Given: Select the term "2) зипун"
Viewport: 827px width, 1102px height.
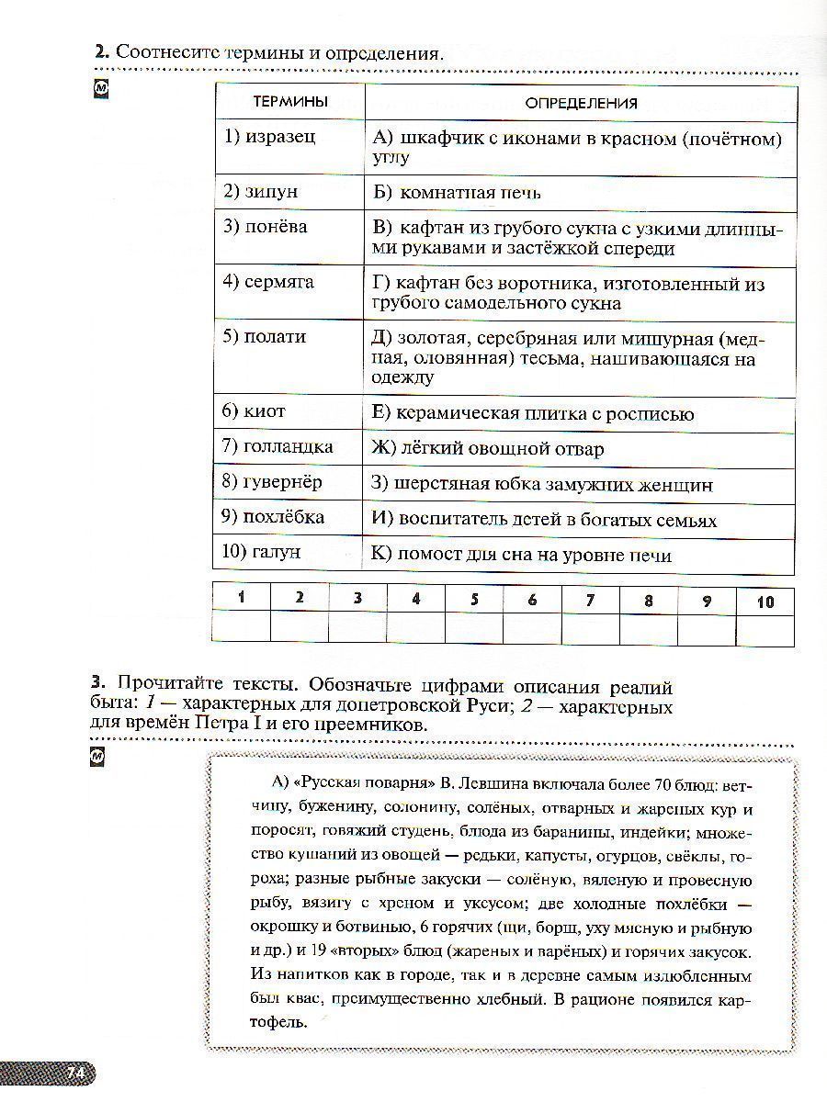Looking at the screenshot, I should click(x=260, y=192).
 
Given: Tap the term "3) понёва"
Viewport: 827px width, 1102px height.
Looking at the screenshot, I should click(x=265, y=226).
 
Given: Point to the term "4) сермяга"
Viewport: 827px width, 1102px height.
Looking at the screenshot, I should click(x=268, y=281).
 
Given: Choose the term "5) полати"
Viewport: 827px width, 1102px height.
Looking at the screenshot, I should click(x=264, y=336).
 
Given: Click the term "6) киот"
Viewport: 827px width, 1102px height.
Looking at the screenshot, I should click(x=254, y=411).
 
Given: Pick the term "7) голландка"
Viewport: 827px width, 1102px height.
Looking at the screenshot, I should click(x=278, y=447).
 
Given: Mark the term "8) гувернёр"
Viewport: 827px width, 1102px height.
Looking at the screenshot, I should click(x=273, y=482).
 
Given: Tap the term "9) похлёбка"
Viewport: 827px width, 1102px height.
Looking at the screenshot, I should click(x=273, y=517).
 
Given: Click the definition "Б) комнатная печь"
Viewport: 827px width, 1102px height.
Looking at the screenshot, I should click(x=457, y=193).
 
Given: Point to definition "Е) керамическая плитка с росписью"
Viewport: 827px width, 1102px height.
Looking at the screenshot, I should click(x=533, y=413).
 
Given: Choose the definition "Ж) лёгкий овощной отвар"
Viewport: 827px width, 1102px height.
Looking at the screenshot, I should click(x=488, y=449).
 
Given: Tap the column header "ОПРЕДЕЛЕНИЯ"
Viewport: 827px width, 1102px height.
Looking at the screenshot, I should click(x=581, y=104).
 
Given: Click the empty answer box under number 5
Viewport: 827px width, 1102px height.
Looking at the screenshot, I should click(x=474, y=629).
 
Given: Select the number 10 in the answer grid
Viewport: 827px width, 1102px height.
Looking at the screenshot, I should click(x=765, y=602).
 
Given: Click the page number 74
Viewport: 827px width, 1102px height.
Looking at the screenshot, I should click(x=75, y=1072).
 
